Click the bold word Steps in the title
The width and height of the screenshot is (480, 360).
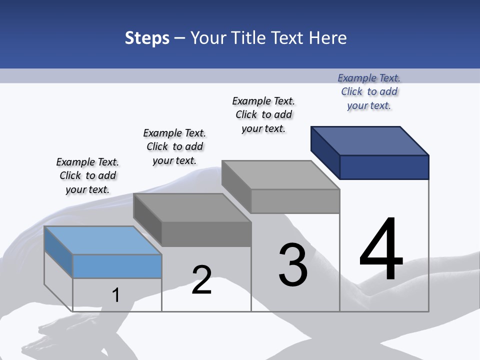147,38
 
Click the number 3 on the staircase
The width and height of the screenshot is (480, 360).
293,265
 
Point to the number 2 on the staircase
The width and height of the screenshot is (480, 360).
201,279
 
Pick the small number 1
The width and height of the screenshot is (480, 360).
116,295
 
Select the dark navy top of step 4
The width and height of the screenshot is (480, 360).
370,140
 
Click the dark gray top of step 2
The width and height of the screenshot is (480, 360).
192,207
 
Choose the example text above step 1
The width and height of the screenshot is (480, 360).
87,175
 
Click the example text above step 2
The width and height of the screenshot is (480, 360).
174,146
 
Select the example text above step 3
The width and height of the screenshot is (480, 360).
263,114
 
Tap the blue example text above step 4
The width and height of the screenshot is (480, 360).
369,91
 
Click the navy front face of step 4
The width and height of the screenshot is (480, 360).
384,167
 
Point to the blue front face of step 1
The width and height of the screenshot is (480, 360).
117,266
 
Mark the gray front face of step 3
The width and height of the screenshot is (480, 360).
295,201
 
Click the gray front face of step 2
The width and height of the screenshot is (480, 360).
206,234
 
